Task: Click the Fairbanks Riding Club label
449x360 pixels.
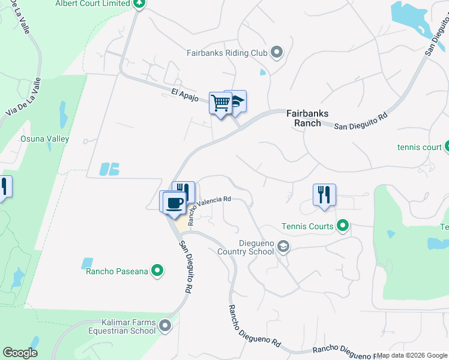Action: tap(226, 53)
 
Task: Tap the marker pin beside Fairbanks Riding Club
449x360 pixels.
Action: tap(277, 53)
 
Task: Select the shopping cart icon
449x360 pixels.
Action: tap(220, 103)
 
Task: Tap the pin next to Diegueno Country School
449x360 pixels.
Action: tap(284, 246)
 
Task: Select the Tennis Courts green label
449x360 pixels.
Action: tap(307, 226)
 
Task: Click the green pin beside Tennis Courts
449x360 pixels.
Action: tap(343, 226)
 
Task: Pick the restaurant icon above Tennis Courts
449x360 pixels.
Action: tap(324, 194)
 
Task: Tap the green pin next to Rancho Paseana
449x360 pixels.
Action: tap(157, 271)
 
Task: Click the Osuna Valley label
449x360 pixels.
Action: tap(45, 139)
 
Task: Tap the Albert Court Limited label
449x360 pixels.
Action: tap(92, 4)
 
